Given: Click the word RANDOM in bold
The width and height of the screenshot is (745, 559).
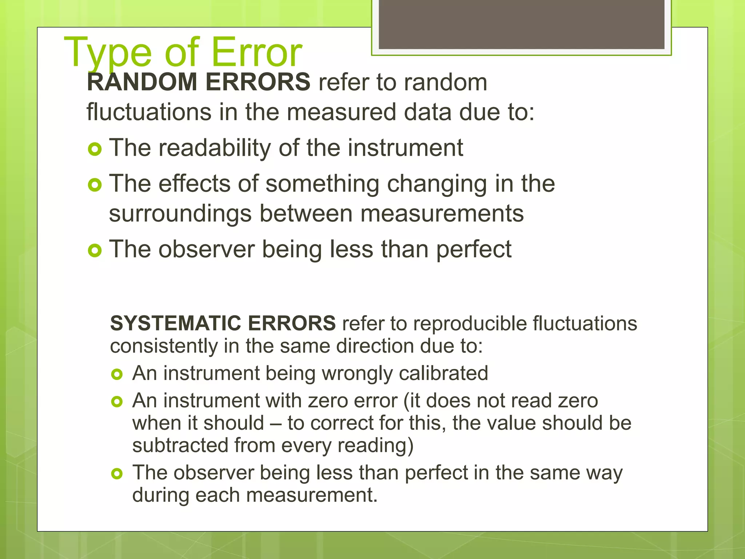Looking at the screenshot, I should point(142,82).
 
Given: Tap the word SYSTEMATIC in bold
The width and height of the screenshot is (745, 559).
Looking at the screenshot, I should point(176,323).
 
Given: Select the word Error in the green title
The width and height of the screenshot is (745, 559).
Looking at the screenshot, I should point(256,53).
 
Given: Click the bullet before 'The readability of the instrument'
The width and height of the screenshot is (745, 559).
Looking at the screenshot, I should point(95,149).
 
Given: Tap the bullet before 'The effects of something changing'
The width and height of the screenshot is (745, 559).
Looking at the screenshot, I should point(95,185).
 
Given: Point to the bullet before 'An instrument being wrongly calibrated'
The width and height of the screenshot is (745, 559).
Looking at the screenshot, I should point(117,374).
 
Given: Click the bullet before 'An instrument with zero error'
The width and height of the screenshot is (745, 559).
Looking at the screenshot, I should point(117,402).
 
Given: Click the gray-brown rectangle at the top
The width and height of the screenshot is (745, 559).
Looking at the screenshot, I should point(521,24).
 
